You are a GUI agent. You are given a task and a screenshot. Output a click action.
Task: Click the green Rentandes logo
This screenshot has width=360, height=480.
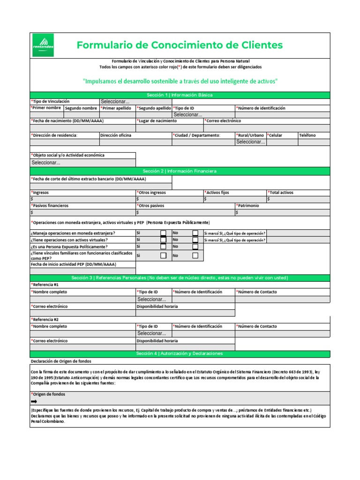pyautogui.click(x=42, y=45)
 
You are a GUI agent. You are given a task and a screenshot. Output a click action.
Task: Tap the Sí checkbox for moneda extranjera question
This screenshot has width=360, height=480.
pyautogui.click(x=164, y=233)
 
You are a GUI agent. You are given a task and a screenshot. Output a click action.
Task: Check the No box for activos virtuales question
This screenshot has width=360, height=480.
pyautogui.click(x=195, y=240)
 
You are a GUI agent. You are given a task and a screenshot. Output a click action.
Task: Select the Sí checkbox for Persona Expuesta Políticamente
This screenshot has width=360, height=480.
pyautogui.click(x=164, y=247)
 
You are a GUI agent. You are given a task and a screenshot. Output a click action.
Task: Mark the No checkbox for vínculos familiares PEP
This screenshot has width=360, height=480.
pyautogui.click(x=195, y=255)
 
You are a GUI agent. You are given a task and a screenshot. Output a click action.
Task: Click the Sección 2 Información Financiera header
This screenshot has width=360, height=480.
pyautogui.click(x=180, y=171)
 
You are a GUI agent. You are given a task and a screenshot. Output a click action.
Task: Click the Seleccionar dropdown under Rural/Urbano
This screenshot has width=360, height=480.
pyautogui.click(x=250, y=142)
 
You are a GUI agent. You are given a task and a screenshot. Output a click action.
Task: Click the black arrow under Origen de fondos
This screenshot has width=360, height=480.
pyautogui.click(x=34, y=402)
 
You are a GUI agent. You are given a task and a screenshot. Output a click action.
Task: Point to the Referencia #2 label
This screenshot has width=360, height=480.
pyautogui.click(x=45, y=319)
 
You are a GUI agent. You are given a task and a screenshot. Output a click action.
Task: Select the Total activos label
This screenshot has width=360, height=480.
pyautogui.click(x=281, y=193)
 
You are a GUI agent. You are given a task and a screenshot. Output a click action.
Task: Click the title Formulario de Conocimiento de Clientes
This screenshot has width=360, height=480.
pyautogui.click(x=180, y=45)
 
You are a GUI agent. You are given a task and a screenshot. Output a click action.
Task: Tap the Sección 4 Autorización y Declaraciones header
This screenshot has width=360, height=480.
pyautogui.click(x=180, y=353)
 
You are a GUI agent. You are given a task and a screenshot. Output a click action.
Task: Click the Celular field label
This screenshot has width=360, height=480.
pyautogui.click(x=275, y=135)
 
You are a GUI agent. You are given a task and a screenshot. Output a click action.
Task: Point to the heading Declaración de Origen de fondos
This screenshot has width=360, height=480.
pyautogui.click(x=61, y=361)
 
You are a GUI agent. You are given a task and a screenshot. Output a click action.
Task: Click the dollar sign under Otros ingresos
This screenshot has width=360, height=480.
pyautogui.click(x=138, y=199)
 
